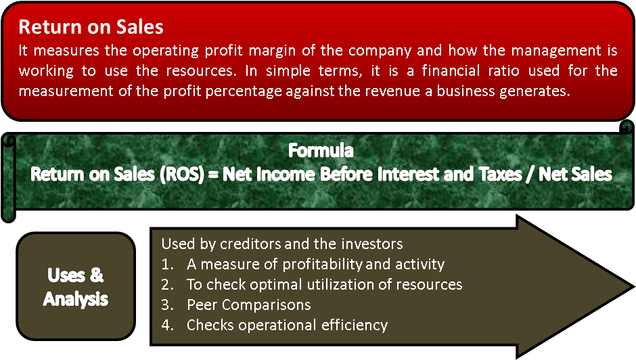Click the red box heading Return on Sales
[91, 27]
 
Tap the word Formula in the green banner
[321, 150]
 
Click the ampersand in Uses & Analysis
[97, 275]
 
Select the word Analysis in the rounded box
[75, 298]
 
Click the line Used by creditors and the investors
[281, 244]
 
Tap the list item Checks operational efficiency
[287, 325]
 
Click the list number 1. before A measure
[167, 264]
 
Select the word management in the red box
[530, 51]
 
